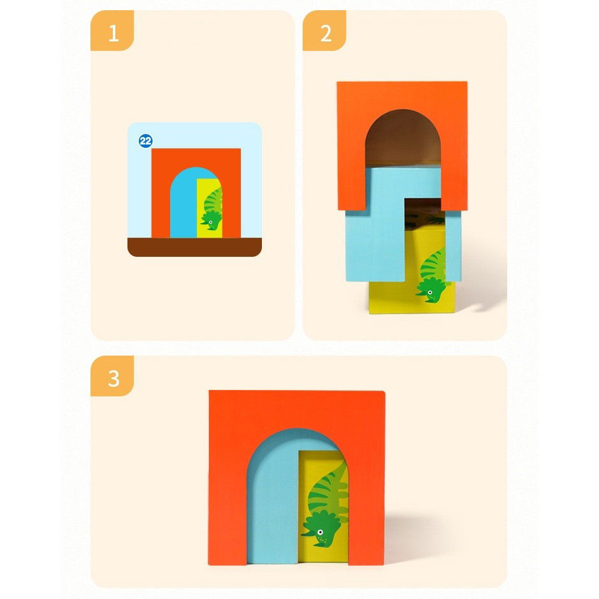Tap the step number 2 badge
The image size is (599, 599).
pyautogui.click(x=324, y=32)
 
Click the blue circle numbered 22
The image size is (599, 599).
pyautogui.click(x=146, y=141)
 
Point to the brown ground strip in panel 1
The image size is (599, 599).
pyautogui.click(x=194, y=247)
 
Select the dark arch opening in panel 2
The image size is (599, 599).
pyautogui.click(x=402, y=137)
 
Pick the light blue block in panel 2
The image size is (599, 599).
pyautogui.click(x=376, y=242)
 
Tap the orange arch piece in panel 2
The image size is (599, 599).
pyautogui.click(x=402, y=96)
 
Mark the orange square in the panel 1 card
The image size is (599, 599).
pyautogui.click(x=161, y=191)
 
